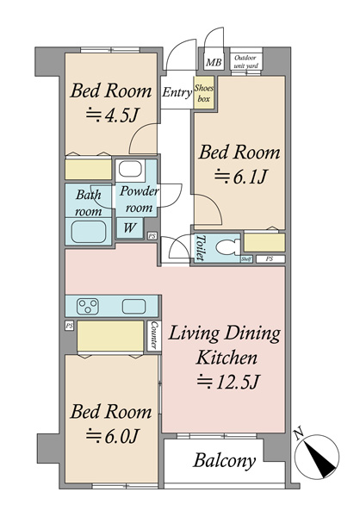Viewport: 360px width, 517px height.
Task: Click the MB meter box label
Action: (214, 62)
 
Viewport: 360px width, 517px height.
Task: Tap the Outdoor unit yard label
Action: (246, 62)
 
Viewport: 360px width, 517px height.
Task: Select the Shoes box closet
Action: (204, 93)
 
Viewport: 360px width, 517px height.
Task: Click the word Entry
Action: (177, 93)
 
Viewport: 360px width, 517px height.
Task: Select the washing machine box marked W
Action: (130, 227)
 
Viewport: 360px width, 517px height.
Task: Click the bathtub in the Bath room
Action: (89, 232)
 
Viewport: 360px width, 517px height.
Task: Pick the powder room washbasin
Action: (130, 169)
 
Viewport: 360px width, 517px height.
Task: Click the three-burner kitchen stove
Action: (88, 306)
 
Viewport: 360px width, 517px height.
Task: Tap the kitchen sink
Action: (133, 306)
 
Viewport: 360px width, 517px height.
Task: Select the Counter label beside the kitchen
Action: (153, 335)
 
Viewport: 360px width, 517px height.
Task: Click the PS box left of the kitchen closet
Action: (69, 326)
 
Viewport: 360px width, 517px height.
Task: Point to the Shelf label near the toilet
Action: (246, 259)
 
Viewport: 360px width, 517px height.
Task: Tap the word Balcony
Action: (225, 460)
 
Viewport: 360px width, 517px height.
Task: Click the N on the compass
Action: (299, 433)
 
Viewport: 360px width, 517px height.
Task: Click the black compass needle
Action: (320, 459)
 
